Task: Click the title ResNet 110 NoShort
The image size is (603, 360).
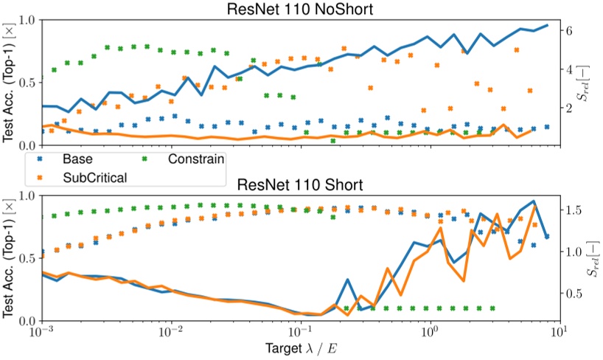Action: click(x=300, y=8)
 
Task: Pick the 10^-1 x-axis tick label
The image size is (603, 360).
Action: click(x=300, y=333)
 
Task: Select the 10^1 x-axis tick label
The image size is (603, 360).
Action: click(x=558, y=333)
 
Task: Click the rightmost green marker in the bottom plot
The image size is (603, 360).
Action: click(x=492, y=308)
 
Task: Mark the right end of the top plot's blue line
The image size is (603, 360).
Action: click(x=547, y=25)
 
